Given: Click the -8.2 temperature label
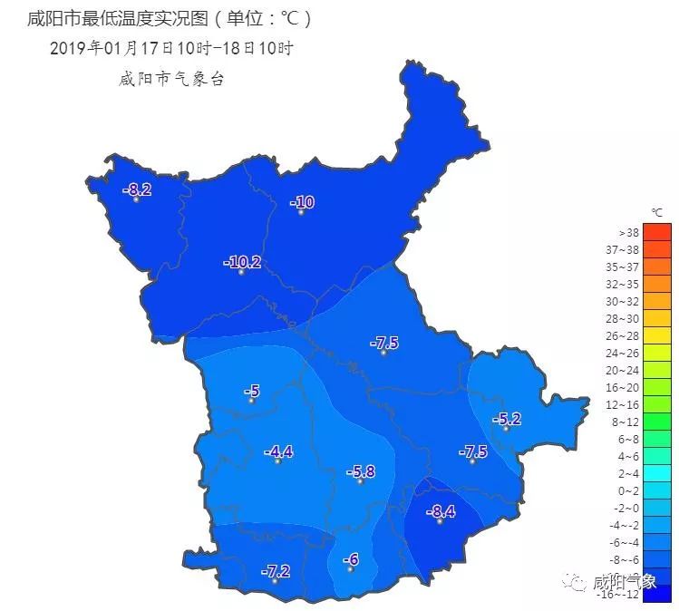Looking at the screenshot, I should pos(139,189).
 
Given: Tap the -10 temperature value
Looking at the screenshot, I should pos(303,202).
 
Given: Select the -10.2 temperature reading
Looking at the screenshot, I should pos(243,263).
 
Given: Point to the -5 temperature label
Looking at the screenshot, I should pos(253,392).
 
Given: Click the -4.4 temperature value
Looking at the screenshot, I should pos(278,452).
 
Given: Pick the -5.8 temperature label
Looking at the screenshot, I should pos(361,472).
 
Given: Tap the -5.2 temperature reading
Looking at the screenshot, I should pos(507,419).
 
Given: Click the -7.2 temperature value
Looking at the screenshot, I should pos(276,571).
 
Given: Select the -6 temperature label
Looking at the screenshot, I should pos(351,560).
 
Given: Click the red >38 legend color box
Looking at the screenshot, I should pos(656,232).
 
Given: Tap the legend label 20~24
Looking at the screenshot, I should pos(627,370).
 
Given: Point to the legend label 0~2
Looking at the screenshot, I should pos(628,490).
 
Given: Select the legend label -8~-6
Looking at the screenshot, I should pos(626,559).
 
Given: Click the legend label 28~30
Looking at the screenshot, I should pos(627,318).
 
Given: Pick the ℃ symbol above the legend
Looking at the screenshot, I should pos(657,212).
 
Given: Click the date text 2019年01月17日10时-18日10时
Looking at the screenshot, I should pos(172,48).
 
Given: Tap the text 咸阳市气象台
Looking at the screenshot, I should pos(171,79).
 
